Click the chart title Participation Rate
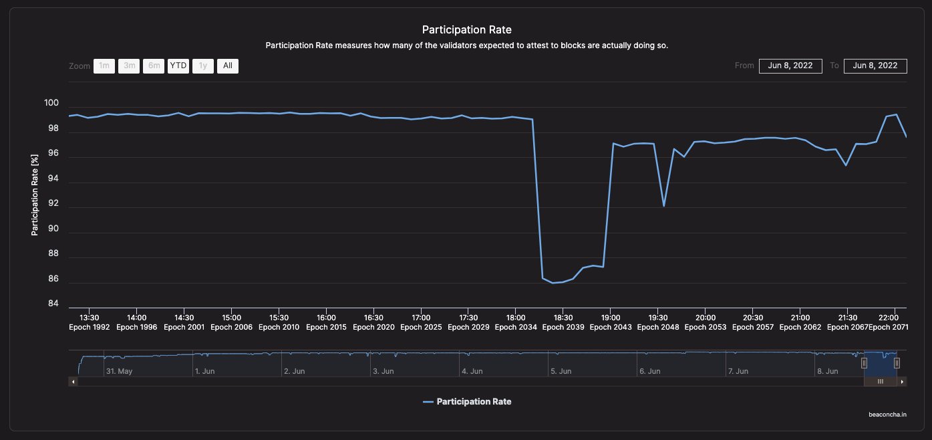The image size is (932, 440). coord(466,30)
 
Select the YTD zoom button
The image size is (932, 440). coord(178,66)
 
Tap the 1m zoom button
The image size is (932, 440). coord(104,66)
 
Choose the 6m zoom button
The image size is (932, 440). coord(154,66)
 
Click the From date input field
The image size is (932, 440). coord(790,66)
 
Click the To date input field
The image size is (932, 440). coord(875,66)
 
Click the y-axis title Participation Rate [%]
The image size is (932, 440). coord(35,195)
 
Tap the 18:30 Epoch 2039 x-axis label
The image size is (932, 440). coord(563,322)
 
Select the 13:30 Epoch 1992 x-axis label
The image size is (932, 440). coord(90,322)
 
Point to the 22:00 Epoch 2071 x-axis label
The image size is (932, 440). coord(889,322)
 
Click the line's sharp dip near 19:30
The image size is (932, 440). coord(663,205)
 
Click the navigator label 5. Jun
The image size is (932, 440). coord(561,370)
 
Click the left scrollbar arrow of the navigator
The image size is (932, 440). coord(73,381)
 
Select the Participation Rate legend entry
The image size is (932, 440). coord(467,402)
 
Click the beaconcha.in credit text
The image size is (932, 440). coord(887,415)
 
